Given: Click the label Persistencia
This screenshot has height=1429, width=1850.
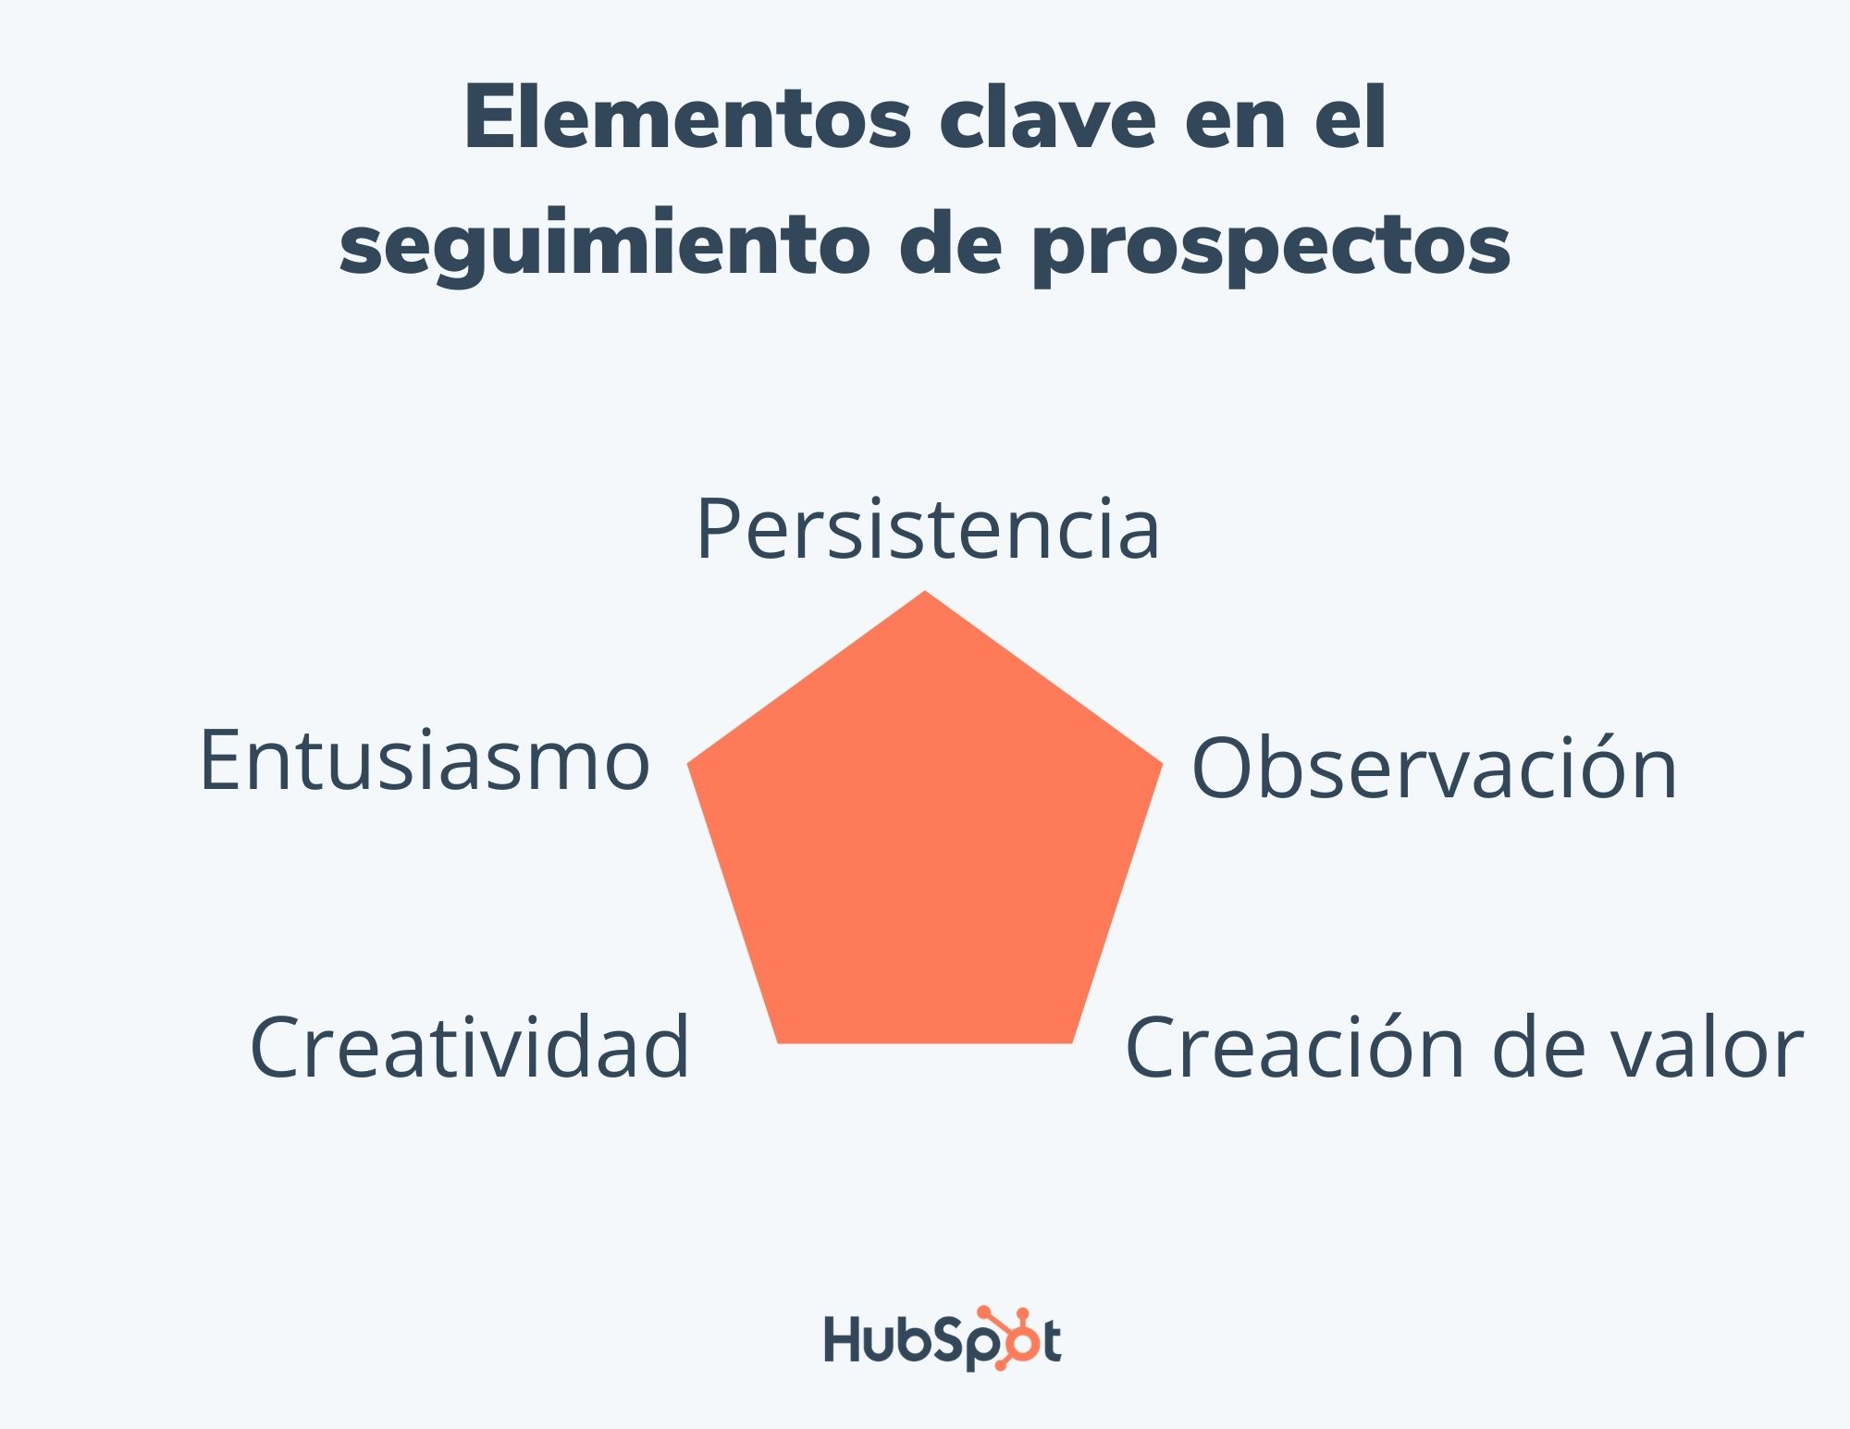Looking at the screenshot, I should click(x=927, y=529).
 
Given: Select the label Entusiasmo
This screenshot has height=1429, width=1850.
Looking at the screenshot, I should click(x=425, y=760).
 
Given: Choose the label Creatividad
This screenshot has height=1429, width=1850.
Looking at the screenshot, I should click(x=470, y=1046).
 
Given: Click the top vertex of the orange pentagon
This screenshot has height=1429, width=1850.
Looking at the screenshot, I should click(x=925, y=594).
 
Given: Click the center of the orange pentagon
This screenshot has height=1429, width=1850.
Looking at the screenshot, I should click(x=925, y=837).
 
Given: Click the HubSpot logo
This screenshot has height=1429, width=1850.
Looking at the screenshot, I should click(x=942, y=1339).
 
